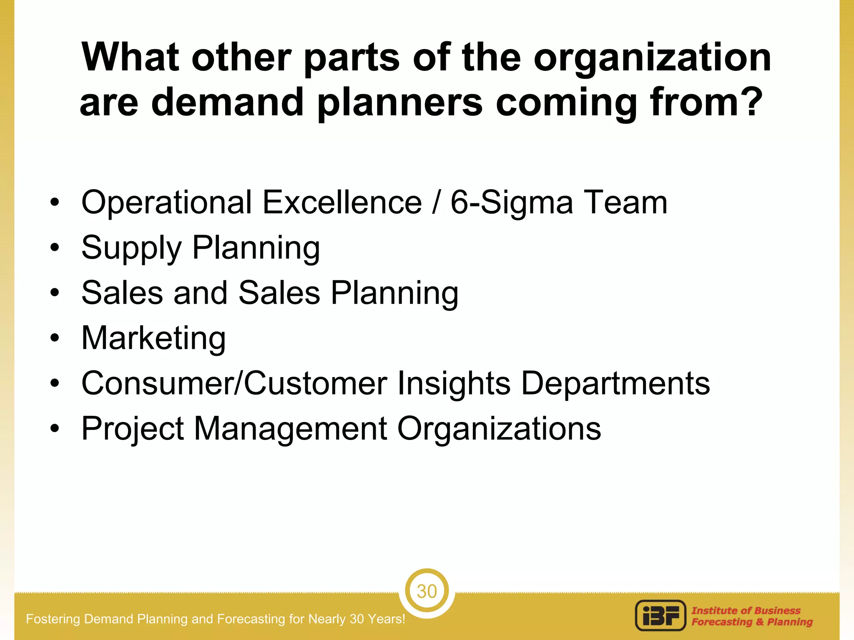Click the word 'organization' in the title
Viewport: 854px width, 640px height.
pyautogui.click(x=652, y=58)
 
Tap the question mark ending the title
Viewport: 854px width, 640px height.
pyautogui.click(x=751, y=102)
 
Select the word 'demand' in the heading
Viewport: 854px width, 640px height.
pyautogui.click(x=227, y=102)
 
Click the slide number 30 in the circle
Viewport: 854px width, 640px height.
pyautogui.click(x=427, y=591)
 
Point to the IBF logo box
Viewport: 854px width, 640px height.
pyautogui.click(x=661, y=615)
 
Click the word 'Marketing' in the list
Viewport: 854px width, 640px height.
pyautogui.click(x=153, y=338)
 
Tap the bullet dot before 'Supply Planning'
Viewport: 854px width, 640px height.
pyautogui.click(x=55, y=247)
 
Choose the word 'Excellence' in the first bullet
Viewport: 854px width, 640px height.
pyautogui.click(x=342, y=202)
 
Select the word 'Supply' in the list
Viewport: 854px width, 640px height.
pyautogui.click(x=131, y=248)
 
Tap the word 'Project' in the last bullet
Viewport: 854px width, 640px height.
pyautogui.click(x=133, y=429)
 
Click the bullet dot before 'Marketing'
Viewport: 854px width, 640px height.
pyautogui.click(x=55, y=338)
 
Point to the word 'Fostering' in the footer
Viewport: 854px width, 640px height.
pyautogui.click(x=53, y=619)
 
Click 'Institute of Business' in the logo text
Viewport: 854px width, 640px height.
pyautogui.click(x=746, y=610)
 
